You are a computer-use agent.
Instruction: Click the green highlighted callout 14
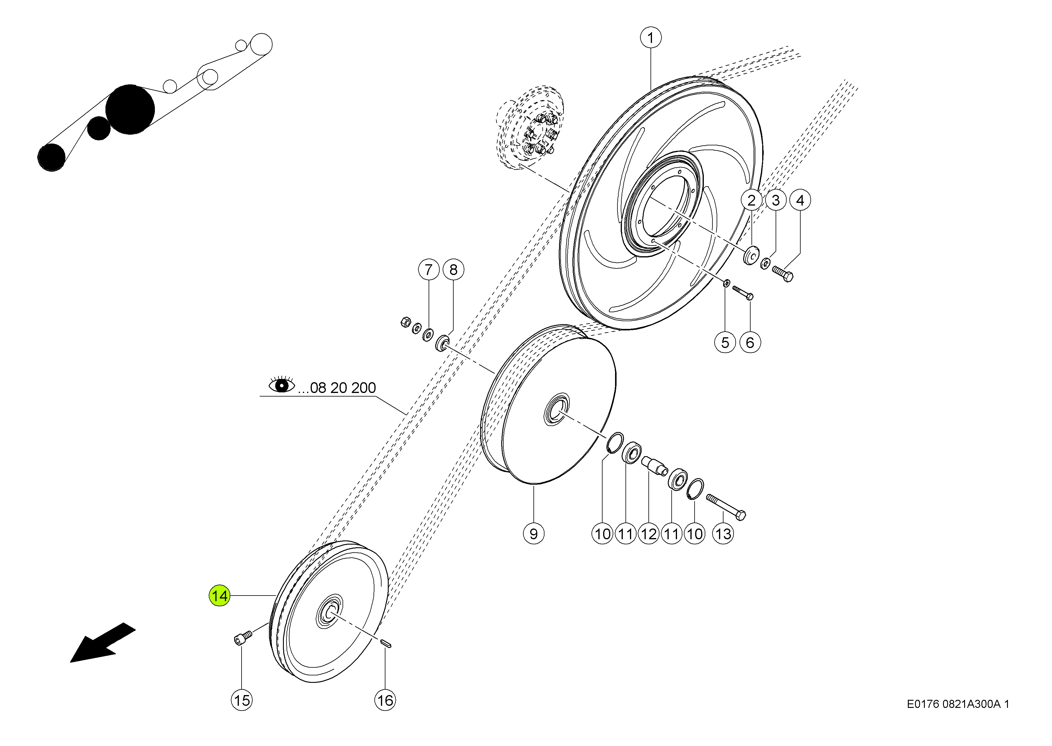220,596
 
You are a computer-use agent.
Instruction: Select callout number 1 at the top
651,38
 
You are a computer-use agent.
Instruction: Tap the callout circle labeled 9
533,534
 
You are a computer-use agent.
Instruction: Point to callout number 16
385,700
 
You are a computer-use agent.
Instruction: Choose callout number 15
242,700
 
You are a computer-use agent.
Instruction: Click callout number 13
723,534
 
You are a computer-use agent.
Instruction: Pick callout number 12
649,534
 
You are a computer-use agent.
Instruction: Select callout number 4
800,200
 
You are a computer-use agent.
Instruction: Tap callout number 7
429,269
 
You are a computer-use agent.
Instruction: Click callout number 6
750,342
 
